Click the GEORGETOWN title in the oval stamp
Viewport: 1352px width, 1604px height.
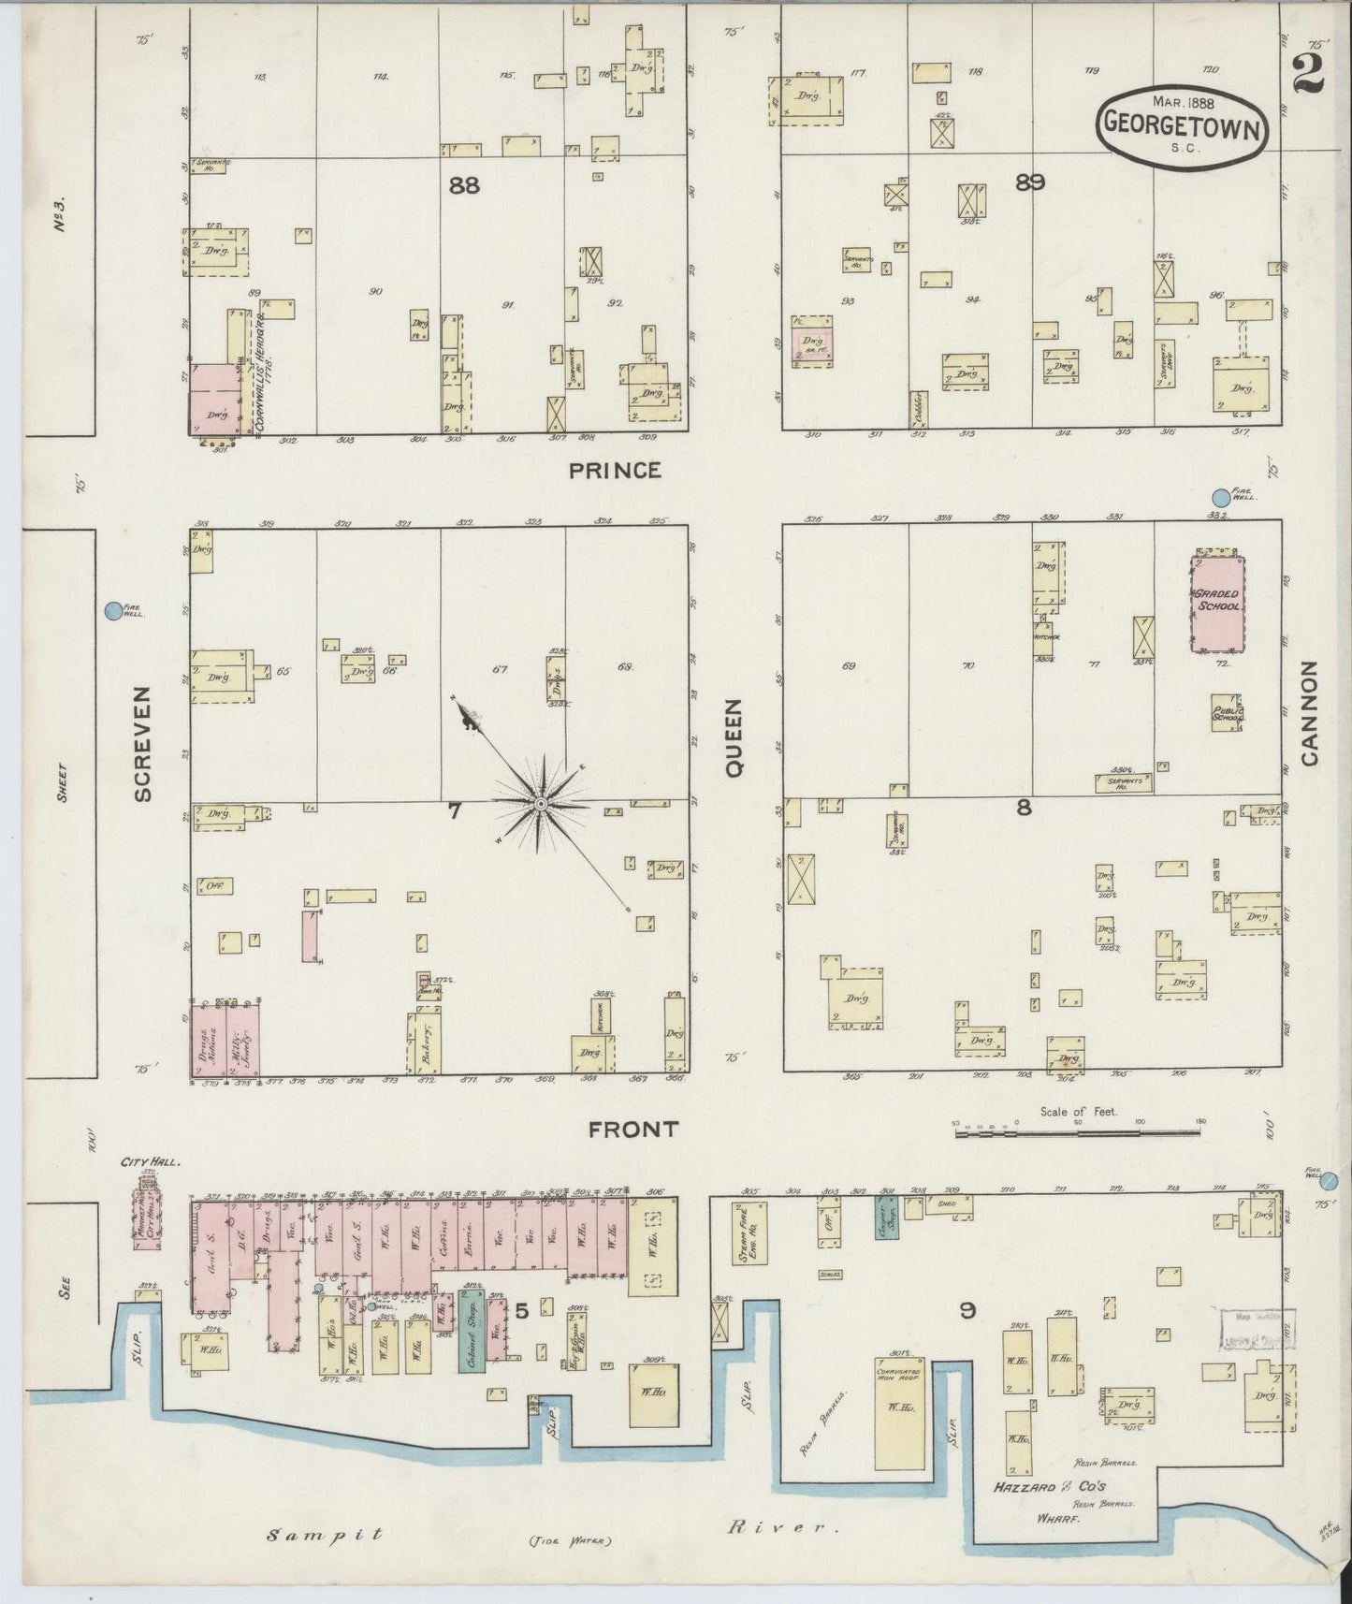[x=1184, y=123]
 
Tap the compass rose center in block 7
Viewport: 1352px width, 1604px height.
[x=541, y=804]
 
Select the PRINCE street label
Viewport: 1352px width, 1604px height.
[x=615, y=470]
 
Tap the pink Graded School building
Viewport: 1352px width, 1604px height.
[x=1218, y=605]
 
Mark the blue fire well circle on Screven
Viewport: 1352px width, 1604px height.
[x=112, y=611]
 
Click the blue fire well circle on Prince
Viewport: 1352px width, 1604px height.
[x=1221, y=497]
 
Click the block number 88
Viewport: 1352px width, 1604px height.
[x=463, y=185]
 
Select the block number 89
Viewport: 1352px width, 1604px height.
[x=1029, y=182]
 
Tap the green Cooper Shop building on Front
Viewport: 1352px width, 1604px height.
[x=887, y=1218]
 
